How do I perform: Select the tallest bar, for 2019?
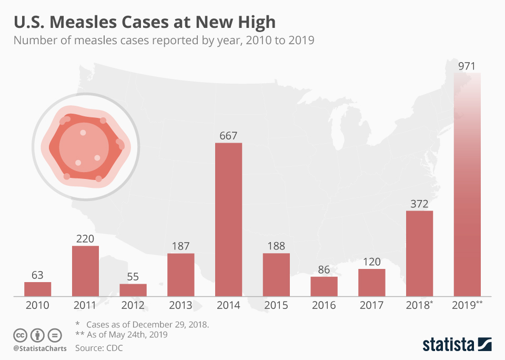[x=467, y=184]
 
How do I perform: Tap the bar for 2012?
[x=133, y=290]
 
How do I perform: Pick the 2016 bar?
[x=324, y=286]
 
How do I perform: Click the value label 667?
[x=228, y=135]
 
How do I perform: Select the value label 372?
[x=419, y=203]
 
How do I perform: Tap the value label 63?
[x=37, y=275]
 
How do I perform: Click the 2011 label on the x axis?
[x=85, y=305]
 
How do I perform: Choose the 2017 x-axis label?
[x=371, y=305]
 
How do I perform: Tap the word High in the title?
[x=256, y=22]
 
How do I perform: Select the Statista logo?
[x=457, y=344]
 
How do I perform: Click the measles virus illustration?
[x=86, y=147]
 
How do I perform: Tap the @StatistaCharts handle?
[x=40, y=348]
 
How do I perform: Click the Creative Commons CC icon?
[x=21, y=335]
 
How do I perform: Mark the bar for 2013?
[x=181, y=275]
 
